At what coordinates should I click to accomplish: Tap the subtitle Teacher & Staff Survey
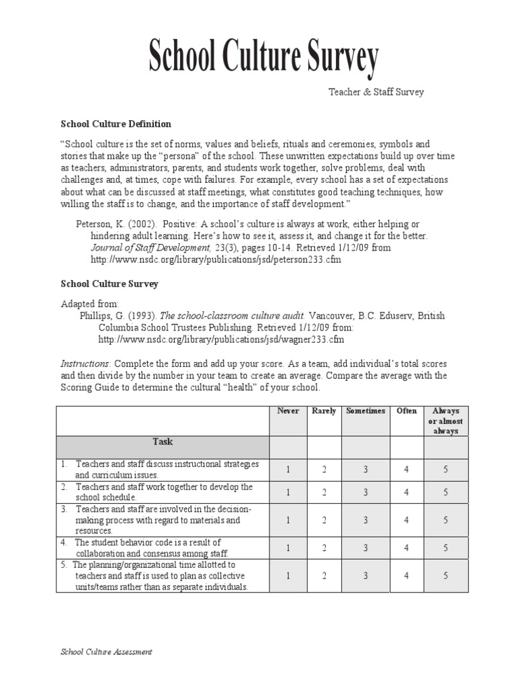[376, 92]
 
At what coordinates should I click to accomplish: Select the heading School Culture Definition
[116, 124]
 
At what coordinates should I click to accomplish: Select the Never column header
[288, 411]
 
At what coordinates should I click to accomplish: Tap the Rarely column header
[324, 411]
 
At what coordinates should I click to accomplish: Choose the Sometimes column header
[365, 411]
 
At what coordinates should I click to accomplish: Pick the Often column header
[406, 411]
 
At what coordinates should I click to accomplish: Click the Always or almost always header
[445, 421]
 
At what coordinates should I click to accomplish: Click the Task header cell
[163, 442]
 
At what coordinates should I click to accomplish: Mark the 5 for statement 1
[445, 470]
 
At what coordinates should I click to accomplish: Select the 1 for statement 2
[288, 492]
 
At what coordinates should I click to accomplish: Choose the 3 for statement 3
[365, 520]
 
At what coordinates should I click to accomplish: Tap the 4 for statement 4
[406, 548]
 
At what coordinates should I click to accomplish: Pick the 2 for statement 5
[324, 576]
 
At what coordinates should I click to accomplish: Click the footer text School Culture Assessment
[106, 652]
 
